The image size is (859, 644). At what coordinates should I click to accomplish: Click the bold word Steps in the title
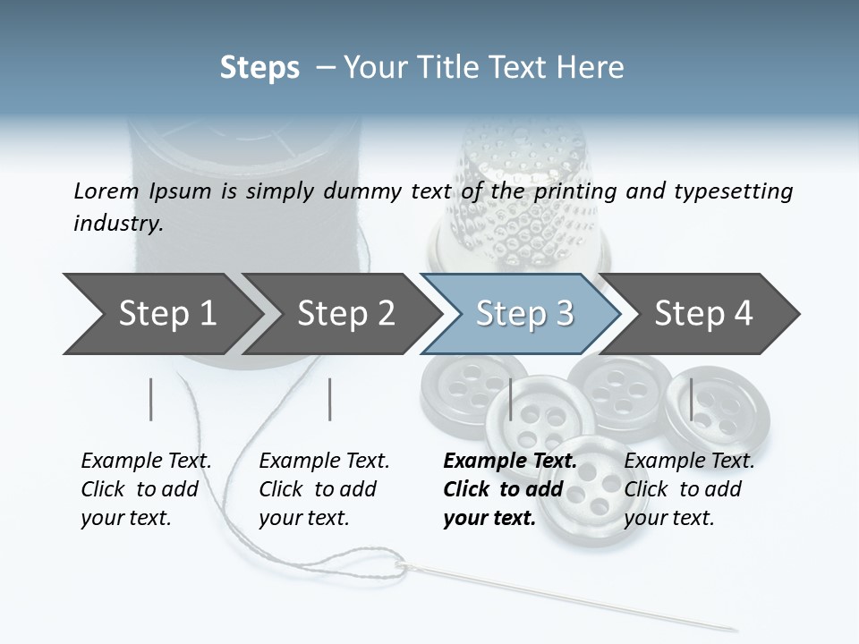tap(259, 68)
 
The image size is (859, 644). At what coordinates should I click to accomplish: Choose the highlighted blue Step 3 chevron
tap(524, 314)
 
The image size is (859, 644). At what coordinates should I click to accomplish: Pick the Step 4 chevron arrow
tap(703, 314)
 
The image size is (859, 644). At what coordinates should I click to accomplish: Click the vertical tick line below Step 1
tap(151, 399)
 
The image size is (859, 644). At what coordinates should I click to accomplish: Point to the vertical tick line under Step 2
tap(330, 399)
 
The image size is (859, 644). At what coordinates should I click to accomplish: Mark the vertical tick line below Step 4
tap(691, 399)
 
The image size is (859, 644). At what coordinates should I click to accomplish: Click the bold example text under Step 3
tap(509, 489)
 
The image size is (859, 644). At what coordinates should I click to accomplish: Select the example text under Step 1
tap(146, 489)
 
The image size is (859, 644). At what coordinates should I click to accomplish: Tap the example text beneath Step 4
tap(688, 489)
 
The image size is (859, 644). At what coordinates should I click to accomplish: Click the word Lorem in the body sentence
tap(106, 191)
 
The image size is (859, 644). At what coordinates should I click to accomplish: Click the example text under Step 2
tap(324, 489)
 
